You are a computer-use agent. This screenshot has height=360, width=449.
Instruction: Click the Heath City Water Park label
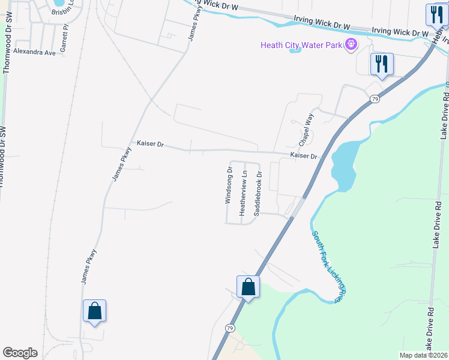[x=301, y=45]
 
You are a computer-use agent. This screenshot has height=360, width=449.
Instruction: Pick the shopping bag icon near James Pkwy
[x=94, y=311]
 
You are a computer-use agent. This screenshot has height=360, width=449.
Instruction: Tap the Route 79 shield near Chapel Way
[x=375, y=99]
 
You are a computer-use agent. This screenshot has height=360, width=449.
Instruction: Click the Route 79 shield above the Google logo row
[x=230, y=328]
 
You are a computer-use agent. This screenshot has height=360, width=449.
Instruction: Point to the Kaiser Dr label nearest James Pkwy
[x=150, y=143]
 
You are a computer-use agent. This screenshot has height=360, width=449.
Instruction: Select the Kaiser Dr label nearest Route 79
[x=303, y=155]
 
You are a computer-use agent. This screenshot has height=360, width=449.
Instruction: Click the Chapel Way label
[x=307, y=130]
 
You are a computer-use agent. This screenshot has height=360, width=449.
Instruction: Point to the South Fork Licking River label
[x=329, y=267]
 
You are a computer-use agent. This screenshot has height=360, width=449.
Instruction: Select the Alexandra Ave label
[x=34, y=52]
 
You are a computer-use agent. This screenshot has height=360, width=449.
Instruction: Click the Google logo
[x=20, y=353]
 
